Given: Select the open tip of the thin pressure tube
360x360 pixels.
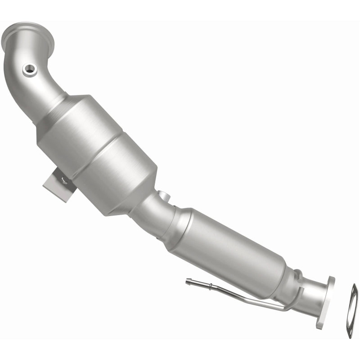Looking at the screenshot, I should point(187,282).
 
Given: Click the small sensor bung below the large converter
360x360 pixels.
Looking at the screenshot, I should point(162,196).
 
